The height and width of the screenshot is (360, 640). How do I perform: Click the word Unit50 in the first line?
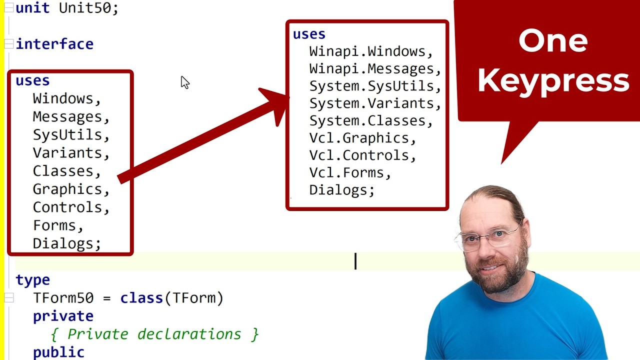(x=88, y=8)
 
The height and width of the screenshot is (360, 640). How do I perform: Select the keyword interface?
(x=54, y=44)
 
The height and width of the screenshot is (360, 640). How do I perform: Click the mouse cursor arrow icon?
(x=184, y=82)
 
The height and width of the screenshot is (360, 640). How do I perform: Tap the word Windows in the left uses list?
(x=63, y=98)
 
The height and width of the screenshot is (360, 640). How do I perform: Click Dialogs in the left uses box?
(x=63, y=243)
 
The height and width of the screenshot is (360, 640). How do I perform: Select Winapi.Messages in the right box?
(x=371, y=68)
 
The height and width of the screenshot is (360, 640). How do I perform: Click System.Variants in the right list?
(x=371, y=103)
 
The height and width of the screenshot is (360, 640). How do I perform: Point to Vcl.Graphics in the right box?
(x=358, y=138)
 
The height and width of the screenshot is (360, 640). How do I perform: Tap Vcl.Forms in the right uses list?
(x=346, y=172)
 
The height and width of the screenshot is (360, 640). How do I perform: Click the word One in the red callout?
(x=552, y=41)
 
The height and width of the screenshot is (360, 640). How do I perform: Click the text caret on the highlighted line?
(x=355, y=261)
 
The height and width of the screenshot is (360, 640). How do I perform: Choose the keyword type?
(x=32, y=280)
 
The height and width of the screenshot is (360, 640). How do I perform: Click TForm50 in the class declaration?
(x=63, y=298)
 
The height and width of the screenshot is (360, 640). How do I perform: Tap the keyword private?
(x=63, y=316)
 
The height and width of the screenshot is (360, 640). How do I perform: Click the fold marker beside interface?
(x=8, y=44)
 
